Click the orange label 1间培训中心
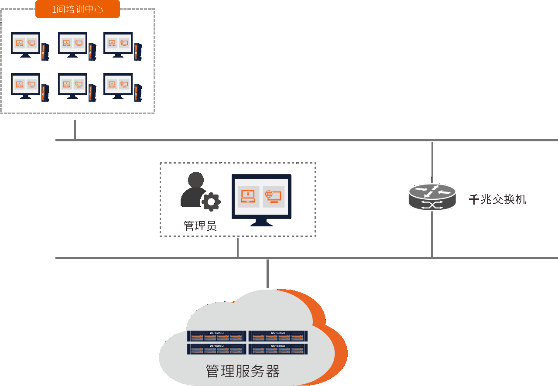(78, 9)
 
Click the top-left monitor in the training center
(25, 44)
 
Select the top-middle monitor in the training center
(72, 44)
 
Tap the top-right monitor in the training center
(118, 44)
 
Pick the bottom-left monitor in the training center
(25, 85)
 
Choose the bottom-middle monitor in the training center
(72, 85)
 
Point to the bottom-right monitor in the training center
(118, 85)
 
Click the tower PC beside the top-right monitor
(138, 52)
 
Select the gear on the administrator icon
(211, 202)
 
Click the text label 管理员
(200, 226)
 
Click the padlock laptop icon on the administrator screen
(248, 197)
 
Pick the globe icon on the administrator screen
(274, 197)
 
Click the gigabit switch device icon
(432, 197)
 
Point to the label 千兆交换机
(497, 200)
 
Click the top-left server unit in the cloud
(217, 336)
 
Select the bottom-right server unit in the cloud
(278, 349)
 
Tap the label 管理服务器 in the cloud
(243, 371)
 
